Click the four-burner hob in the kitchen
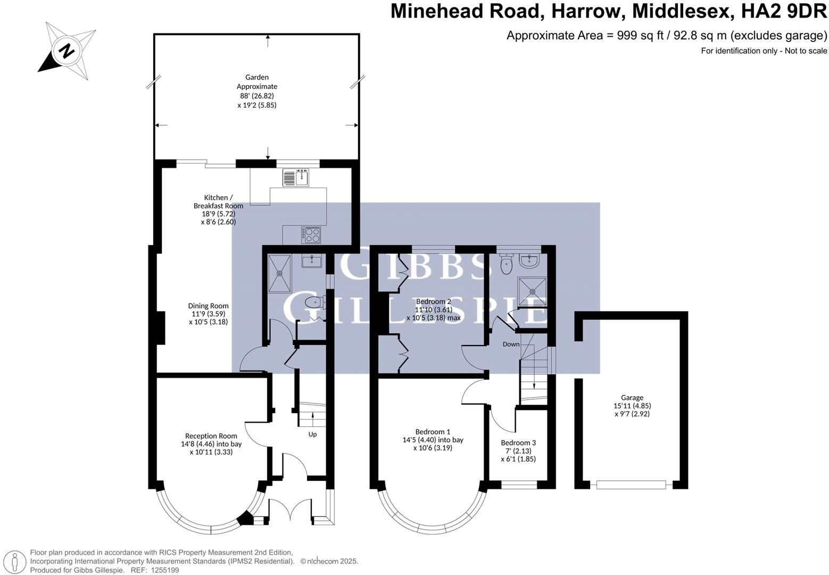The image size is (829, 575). tap(311, 235)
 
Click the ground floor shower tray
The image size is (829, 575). tap(279, 273)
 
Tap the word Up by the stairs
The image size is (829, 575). tap(312, 434)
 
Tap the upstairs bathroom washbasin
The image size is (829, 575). tap(530, 261)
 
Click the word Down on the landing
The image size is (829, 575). tap(511, 344)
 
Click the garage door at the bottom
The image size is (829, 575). tap(631, 484)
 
